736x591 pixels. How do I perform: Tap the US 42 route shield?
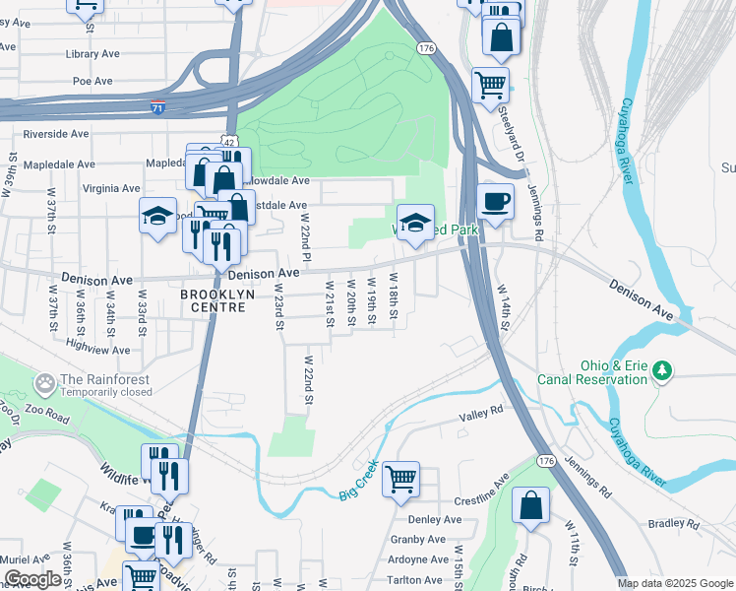(228, 142)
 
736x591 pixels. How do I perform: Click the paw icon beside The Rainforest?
(43, 381)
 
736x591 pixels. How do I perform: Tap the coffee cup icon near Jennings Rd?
(495, 200)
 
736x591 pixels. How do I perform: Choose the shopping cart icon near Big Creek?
(400, 479)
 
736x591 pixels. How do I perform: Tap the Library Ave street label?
(92, 54)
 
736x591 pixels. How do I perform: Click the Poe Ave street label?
(93, 81)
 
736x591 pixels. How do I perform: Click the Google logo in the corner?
(32, 579)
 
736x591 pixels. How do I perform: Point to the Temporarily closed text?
(106, 392)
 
